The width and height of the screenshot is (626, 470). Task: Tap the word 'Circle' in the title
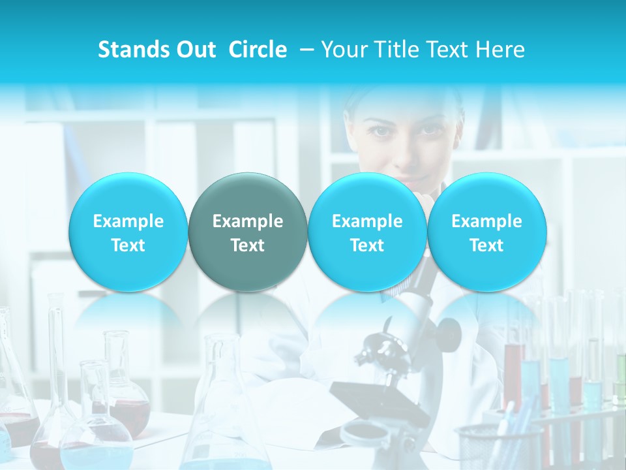[258, 50]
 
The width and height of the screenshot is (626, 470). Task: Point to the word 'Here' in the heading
[502, 50]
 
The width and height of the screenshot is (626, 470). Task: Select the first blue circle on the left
[128, 232]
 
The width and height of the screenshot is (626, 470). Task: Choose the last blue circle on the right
[487, 232]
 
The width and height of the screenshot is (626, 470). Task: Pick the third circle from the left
[367, 232]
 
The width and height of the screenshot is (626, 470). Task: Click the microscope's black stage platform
[378, 399]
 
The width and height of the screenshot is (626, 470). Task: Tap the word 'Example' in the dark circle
[248, 221]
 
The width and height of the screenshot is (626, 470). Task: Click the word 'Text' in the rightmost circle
[487, 245]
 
